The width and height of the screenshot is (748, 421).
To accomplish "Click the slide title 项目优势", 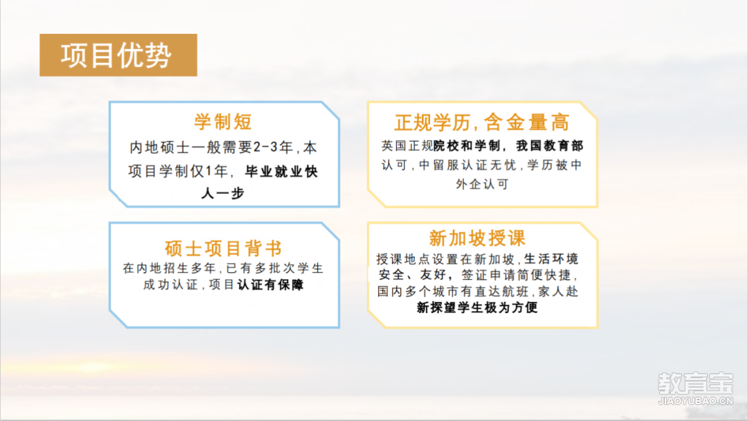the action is click(116, 55).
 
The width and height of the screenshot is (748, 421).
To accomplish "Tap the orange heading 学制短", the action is click(223, 122).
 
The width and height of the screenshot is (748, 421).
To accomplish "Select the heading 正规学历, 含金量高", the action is click(482, 123).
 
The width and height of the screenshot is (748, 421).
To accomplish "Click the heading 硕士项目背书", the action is click(223, 249).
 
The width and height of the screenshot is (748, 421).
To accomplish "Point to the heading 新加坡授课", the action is click(477, 238).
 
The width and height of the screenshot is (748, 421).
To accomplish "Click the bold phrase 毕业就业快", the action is click(281, 172).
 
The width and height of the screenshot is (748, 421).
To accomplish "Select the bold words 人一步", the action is click(223, 193).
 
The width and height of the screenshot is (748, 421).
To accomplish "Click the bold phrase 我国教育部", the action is click(549, 146).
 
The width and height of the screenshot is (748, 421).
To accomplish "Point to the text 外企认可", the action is click(482, 184).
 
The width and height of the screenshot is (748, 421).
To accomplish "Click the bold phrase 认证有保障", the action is click(271, 285).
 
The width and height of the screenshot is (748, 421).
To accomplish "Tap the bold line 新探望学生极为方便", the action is click(477, 307).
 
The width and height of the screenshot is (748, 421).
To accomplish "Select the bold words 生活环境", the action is click(551, 259).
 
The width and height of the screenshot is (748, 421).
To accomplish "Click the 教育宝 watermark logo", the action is click(695, 384).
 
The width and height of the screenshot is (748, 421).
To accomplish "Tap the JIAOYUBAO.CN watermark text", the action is click(695, 401).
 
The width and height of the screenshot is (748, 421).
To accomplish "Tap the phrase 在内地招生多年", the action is click(170, 269).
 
